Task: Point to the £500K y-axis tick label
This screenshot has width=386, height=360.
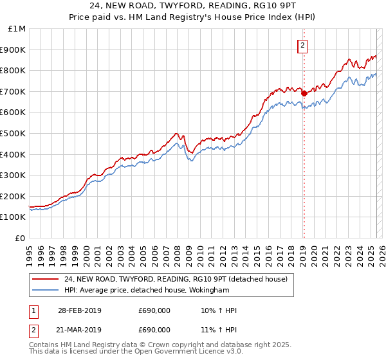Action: coord(13,134)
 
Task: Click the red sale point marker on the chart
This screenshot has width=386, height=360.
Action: coord(304,93)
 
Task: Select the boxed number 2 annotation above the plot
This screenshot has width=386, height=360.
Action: coord(302,46)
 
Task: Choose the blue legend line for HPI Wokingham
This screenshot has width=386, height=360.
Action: coord(45,290)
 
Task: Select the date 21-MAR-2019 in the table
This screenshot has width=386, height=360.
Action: coord(79,330)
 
